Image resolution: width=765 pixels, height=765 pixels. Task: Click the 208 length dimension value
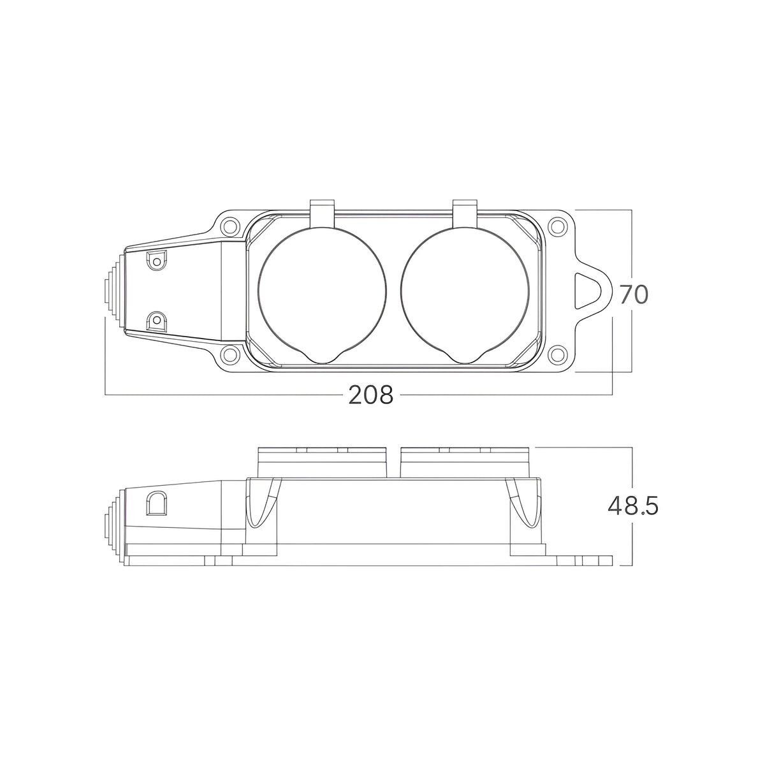[371, 395]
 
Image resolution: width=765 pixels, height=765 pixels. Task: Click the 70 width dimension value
[634, 295]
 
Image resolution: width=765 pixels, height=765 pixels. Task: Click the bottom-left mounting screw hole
[230, 353]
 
